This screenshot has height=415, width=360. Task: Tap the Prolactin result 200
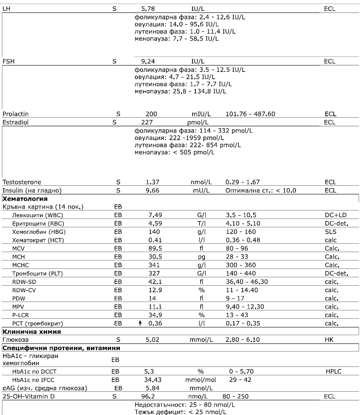point(151,114)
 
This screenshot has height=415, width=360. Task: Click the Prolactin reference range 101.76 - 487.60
point(250,114)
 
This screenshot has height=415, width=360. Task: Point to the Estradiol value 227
point(147,122)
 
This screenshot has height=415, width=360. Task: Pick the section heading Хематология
point(22,198)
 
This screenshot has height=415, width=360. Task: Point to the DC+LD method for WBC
point(336,214)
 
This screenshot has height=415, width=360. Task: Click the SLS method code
point(330,231)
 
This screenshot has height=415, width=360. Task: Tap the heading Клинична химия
point(28,331)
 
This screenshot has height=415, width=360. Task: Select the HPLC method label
point(334,371)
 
